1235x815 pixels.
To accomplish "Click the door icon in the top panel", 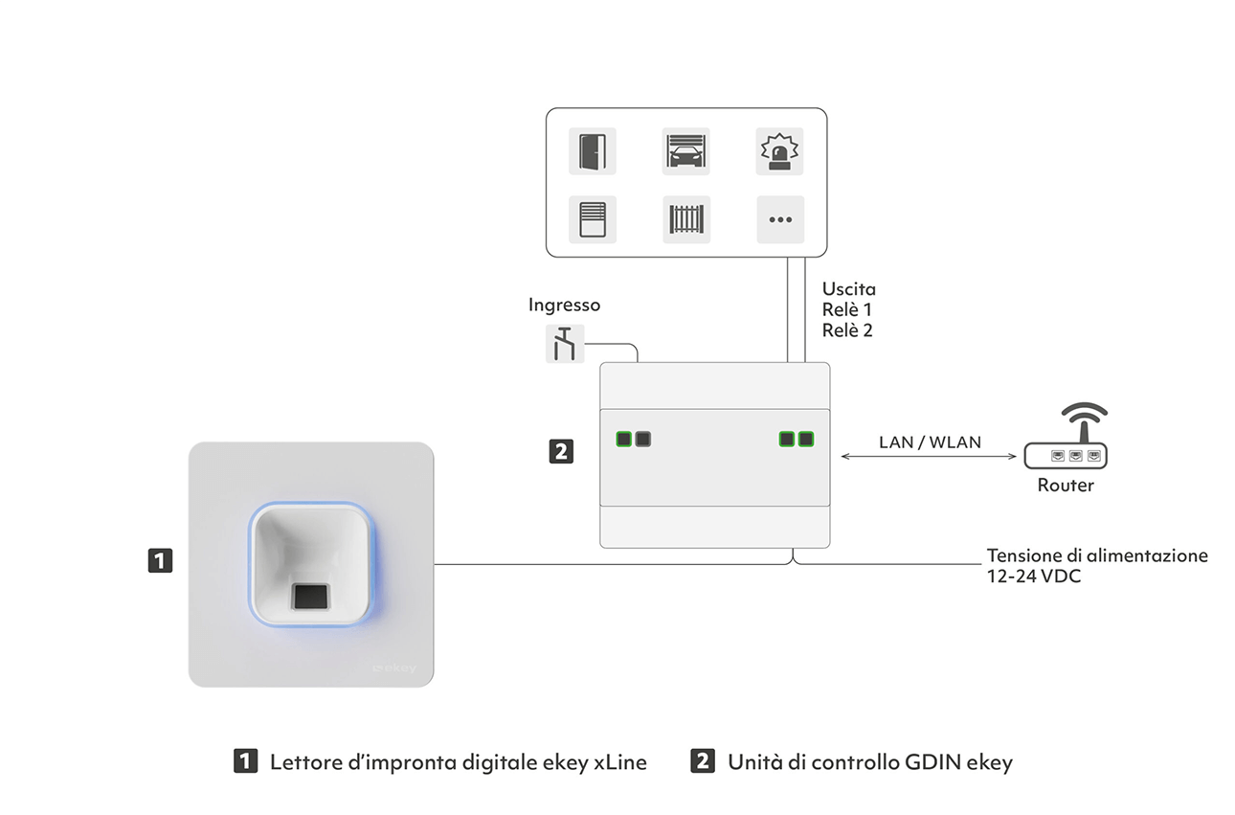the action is [593, 151].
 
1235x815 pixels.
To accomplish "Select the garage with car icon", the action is [685, 151].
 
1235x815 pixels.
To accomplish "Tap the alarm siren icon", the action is [779, 151].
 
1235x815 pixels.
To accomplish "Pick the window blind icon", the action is [593, 219].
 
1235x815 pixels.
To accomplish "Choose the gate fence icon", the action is [686, 219].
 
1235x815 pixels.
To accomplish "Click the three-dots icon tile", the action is [780, 219].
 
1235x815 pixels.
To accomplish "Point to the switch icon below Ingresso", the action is [565, 344].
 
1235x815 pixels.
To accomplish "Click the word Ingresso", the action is [564, 305].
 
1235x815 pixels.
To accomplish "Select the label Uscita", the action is [848, 289].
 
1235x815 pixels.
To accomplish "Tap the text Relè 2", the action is [847, 330].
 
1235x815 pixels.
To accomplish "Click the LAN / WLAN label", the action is [930, 442].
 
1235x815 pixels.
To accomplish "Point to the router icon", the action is [1066, 436].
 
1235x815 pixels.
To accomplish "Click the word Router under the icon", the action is [1066, 486].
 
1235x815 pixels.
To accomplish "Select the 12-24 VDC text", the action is [1034, 577].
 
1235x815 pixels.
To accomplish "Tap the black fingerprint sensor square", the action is [311, 597].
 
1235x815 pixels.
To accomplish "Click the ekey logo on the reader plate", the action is [394, 668].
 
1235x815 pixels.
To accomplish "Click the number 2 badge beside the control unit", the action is [561, 451].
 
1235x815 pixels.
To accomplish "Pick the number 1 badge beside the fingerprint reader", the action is [161, 560].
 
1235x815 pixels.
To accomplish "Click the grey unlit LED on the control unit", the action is [642, 440].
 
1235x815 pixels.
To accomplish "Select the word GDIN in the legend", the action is [933, 762].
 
